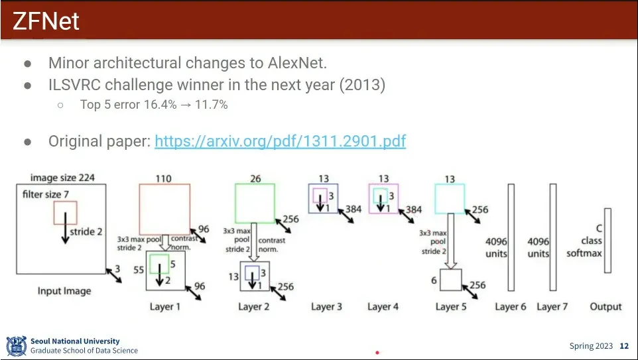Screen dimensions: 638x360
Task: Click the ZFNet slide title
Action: pos(46,21)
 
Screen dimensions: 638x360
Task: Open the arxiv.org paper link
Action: pos(280,141)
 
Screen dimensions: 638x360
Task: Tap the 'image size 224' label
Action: pos(62,177)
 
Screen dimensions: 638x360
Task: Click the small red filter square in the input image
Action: pos(66,213)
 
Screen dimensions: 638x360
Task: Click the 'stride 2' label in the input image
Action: pos(86,232)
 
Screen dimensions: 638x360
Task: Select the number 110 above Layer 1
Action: pos(164,178)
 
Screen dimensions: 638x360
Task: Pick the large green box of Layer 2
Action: pos(255,204)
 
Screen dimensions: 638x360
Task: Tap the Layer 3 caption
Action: pos(326,306)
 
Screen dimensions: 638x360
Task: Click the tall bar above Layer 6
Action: pos(511,237)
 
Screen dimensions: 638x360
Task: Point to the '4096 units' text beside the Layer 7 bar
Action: pos(538,247)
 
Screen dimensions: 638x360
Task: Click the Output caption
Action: pos(606,306)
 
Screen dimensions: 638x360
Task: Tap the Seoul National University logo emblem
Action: pos(16,345)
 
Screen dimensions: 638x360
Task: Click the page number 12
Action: pos(624,346)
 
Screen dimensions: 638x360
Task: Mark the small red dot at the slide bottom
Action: pos(377,353)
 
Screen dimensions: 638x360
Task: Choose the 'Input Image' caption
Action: pos(64,291)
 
